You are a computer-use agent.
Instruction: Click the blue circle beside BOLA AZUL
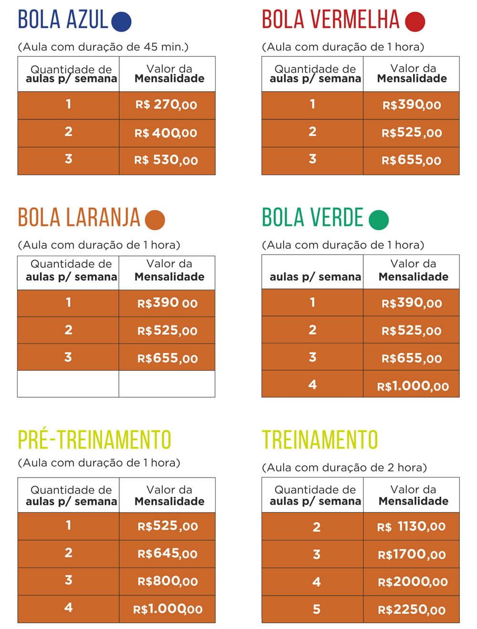[x=121, y=21]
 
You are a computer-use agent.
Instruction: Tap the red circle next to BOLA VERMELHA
[x=415, y=21]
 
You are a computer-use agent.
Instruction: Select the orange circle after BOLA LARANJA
[x=155, y=220]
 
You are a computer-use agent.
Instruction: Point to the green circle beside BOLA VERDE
[x=379, y=219]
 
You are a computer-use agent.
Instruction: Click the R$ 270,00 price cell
[x=166, y=105]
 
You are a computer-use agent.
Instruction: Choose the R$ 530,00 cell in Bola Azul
[x=166, y=160]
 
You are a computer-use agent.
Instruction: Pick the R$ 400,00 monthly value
[x=166, y=133]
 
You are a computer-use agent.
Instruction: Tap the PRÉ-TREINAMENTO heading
[x=94, y=440]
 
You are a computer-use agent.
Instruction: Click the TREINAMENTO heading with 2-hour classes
[x=320, y=440]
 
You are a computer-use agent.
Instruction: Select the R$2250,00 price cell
[x=412, y=609]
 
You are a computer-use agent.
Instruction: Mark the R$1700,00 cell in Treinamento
[x=412, y=554]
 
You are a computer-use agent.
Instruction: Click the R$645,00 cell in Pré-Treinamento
[x=167, y=554]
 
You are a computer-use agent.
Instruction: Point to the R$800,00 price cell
[x=167, y=581]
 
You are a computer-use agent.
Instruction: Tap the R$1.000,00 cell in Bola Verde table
[x=413, y=386]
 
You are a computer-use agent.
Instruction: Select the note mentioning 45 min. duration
[x=103, y=47]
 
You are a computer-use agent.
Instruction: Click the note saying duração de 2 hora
[x=344, y=467]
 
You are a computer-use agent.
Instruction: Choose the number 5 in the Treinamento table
[x=317, y=609]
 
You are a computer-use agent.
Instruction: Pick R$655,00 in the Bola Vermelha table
[x=411, y=160]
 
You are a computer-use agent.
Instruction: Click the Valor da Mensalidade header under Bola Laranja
[x=169, y=270]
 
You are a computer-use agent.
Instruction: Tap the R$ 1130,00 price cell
[x=411, y=527]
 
